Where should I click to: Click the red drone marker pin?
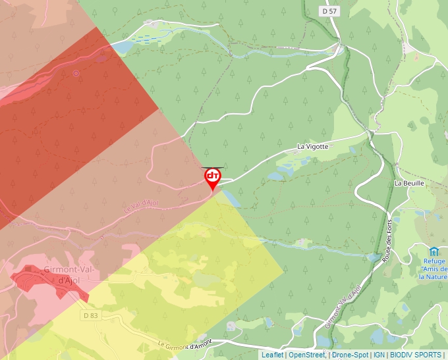(212, 178)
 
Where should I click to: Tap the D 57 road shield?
(330, 11)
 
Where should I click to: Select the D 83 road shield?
(91, 316)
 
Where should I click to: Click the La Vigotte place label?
(312, 147)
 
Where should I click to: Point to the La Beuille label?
(408, 183)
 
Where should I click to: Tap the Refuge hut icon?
(434, 251)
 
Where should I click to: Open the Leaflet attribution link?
(272, 355)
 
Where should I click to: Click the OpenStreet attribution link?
(307, 355)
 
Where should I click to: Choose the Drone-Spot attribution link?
(350, 355)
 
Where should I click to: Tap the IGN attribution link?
(379, 355)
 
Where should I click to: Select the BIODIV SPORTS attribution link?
(415, 355)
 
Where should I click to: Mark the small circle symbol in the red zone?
(76, 73)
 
